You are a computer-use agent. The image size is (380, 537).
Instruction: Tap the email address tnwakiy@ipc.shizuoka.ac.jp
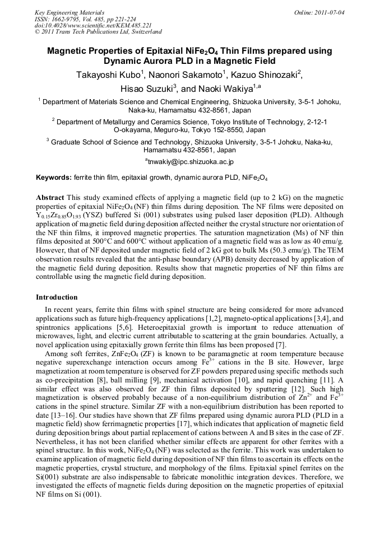coord(190,161)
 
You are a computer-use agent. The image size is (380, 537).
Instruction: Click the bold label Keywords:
coord(54,178)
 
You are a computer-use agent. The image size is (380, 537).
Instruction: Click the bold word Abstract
coord(50,198)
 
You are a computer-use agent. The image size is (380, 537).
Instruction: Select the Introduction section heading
coord(57,297)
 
